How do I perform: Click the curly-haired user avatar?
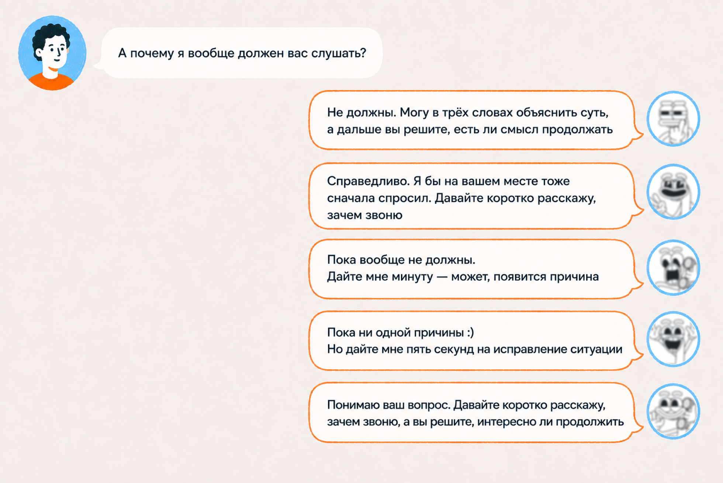click(52, 53)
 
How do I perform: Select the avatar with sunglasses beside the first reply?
click(673, 119)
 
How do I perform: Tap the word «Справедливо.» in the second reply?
click(369, 181)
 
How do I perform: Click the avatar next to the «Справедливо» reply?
click(673, 192)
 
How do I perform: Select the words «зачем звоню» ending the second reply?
click(364, 215)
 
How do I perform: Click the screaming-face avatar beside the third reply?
click(673, 267)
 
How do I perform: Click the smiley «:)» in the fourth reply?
click(470, 333)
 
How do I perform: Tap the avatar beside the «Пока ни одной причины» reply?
click(673, 339)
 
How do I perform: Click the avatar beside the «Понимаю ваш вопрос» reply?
click(673, 411)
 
